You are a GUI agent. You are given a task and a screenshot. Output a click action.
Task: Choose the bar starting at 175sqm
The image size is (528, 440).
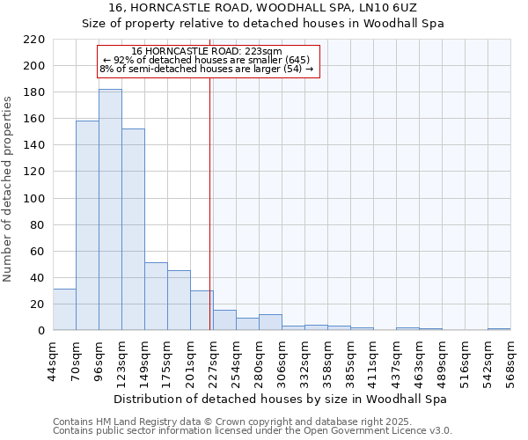179,300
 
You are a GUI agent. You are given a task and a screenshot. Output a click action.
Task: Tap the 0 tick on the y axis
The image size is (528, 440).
41,331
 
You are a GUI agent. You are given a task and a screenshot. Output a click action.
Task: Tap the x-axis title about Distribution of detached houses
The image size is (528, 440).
281,399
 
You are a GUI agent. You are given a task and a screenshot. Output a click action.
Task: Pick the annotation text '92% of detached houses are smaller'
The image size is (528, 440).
206,60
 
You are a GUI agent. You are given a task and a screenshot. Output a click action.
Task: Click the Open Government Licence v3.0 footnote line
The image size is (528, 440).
253,431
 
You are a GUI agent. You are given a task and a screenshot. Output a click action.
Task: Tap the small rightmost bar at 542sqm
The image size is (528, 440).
499,329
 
